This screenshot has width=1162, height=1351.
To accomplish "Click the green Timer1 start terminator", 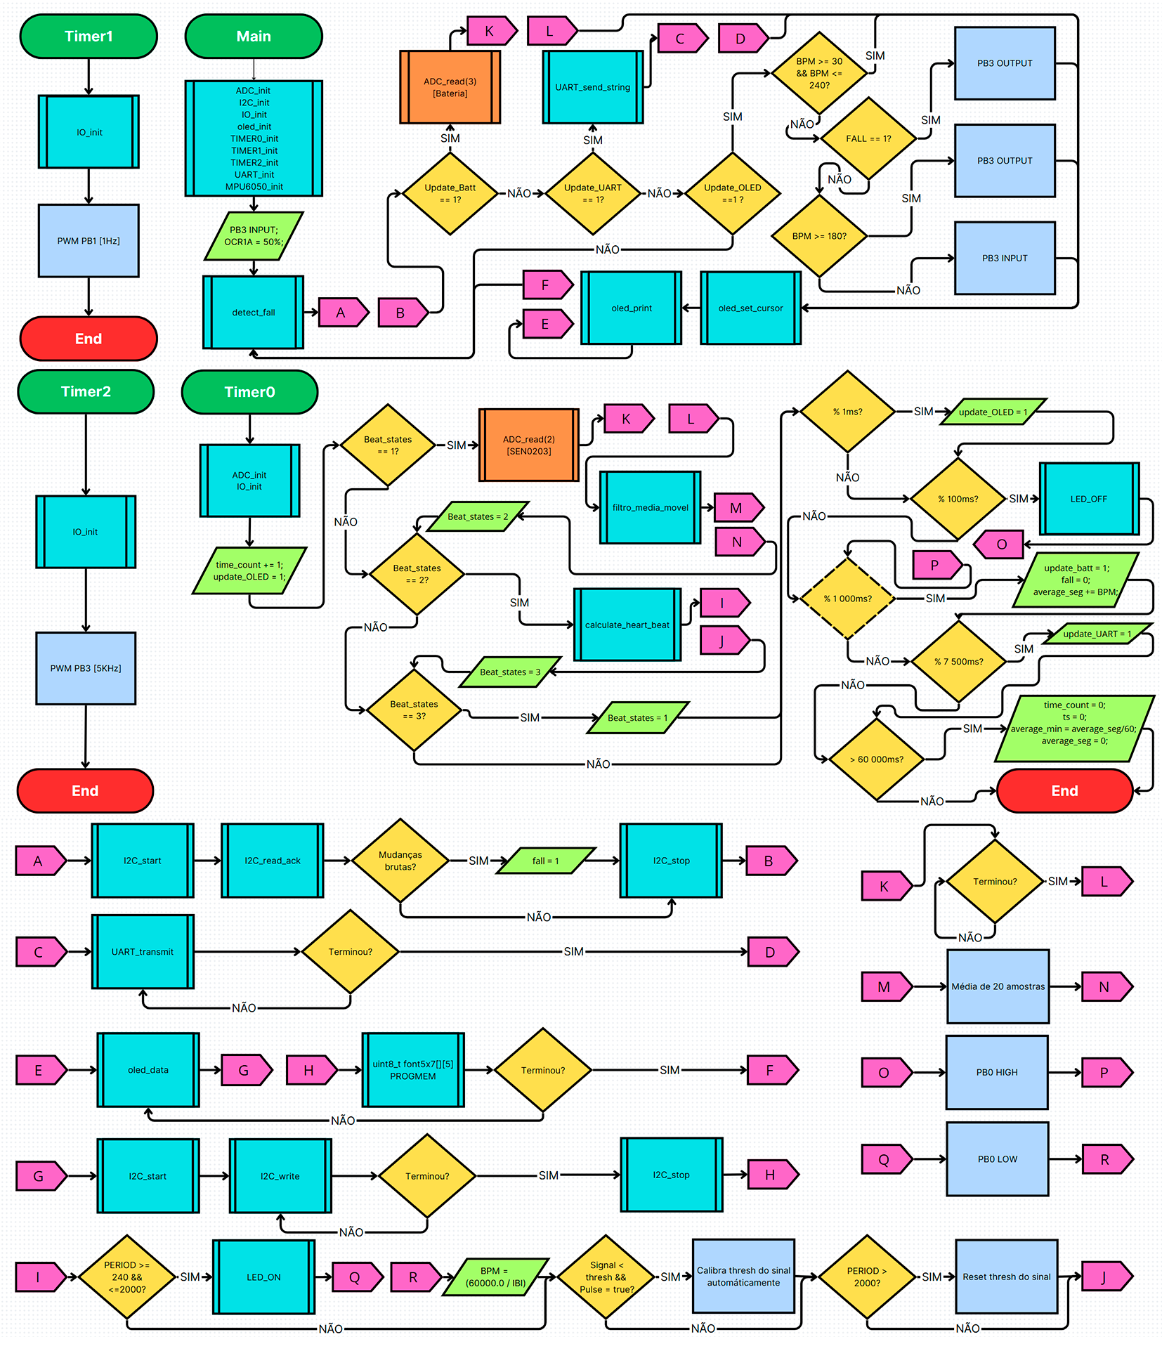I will pos(89,37).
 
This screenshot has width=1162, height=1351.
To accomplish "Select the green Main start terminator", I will pos(254,37).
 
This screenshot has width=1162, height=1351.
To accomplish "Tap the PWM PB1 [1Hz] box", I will pos(89,241).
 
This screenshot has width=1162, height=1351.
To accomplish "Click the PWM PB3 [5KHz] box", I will pos(86,668).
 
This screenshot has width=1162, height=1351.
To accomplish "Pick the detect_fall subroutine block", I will pos(254,312).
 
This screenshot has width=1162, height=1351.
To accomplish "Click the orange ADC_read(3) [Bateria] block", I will pos(450,87).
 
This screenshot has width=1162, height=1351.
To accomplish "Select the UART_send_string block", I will pos(592,87).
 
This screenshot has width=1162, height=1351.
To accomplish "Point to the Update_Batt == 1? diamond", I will pos(450,193).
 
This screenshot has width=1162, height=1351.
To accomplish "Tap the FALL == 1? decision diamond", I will pos(868,138).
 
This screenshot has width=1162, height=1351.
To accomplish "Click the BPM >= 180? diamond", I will pos(819,236).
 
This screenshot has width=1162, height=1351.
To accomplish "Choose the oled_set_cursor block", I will pos(750,308).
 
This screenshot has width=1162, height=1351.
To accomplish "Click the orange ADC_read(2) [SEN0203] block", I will pos(528,445).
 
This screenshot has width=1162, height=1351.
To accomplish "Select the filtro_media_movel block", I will pos(650,507).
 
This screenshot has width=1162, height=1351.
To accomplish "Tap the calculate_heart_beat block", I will pos(627,625).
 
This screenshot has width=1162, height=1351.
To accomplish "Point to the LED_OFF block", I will pos(1088,499).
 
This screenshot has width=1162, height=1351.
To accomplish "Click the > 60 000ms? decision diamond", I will pos(876,759).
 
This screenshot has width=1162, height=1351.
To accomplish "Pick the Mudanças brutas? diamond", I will pos(400,861).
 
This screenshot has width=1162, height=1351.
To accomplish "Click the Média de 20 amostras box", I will pos(998,986).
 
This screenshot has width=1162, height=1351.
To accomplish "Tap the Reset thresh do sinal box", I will pos(1006,1277).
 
